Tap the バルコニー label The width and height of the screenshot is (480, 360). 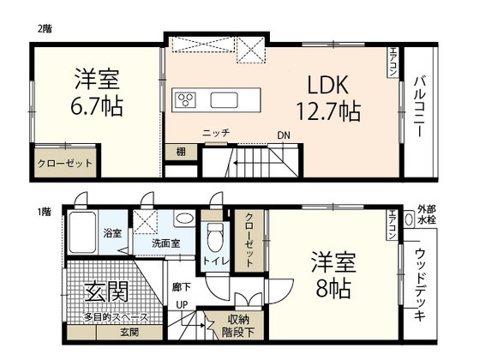click(421, 111)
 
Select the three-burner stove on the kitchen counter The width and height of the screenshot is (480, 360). click(186, 100)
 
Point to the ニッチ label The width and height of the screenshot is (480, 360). click(214, 134)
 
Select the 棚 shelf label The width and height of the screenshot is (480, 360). click(181, 152)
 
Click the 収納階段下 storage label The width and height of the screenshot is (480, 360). click(232, 323)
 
